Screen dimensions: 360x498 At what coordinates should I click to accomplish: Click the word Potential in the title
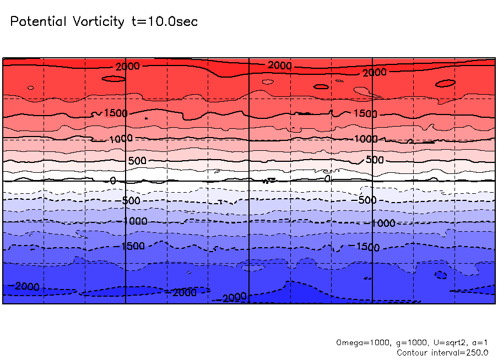(38, 21)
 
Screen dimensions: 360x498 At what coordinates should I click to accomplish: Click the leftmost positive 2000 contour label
(128, 66)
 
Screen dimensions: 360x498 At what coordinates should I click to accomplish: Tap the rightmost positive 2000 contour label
(375, 73)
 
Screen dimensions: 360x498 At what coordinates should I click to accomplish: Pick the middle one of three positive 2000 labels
(280, 66)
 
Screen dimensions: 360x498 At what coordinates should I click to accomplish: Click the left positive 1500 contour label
(116, 113)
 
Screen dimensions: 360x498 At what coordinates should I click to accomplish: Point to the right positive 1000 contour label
(366, 139)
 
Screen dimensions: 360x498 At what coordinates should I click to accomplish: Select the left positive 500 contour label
(137, 161)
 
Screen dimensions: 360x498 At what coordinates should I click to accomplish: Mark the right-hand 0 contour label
(327, 178)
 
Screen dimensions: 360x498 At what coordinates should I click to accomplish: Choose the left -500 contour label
(131, 200)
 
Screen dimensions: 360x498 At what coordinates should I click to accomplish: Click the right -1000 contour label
(383, 223)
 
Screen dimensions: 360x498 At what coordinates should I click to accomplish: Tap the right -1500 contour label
(368, 247)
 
